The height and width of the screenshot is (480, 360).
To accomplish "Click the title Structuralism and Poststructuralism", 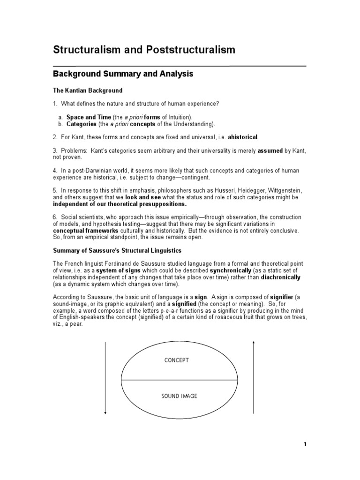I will pyautogui.click(x=144, y=50).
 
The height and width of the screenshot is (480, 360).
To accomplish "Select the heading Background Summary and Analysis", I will pyautogui.click(x=123, y=74).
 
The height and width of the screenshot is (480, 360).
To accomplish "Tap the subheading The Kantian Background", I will pyautogui.click(x=87, y=90).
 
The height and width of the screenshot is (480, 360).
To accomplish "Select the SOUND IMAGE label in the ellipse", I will pyautogui.click(x=179, y=396).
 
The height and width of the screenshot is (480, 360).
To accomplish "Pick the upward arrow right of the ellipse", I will pyautogui.click(x=254, y=378).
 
